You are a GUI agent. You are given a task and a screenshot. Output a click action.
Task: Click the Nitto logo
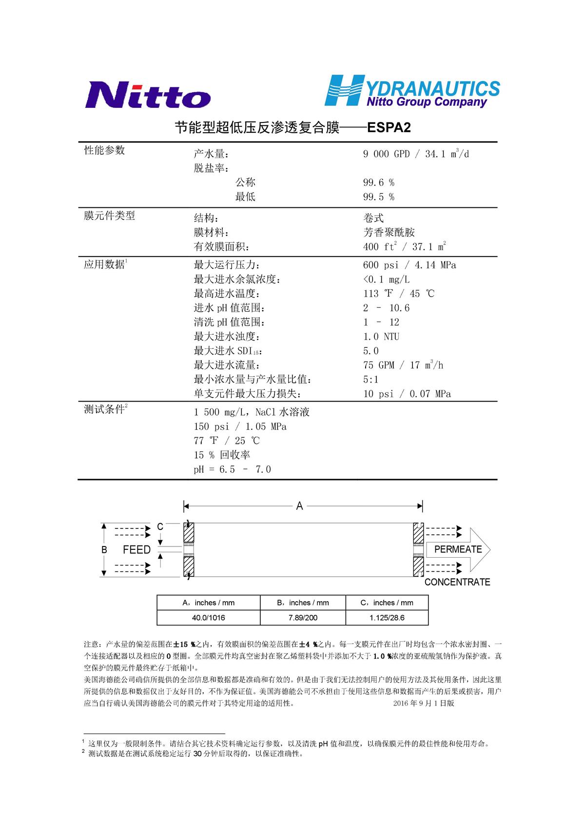tap(148, 95)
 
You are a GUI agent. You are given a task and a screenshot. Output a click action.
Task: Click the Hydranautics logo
tap(412, 91)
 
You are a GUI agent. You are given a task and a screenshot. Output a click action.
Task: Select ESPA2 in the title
tap(389, 128)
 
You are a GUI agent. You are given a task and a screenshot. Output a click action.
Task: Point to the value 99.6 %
tap(378, 182)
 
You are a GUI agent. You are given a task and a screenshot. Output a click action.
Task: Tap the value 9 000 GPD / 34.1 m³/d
tap(416, 154)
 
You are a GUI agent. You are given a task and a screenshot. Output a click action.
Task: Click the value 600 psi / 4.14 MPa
tap(409, 265)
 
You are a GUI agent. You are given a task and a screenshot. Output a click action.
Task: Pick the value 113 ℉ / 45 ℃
tap(398, 294)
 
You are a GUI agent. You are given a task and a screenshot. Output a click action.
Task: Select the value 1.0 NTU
tap(381, 337)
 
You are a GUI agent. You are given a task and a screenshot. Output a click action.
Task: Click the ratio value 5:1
tap(370, 380)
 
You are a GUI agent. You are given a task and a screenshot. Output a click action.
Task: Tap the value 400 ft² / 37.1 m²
tap(404, 246)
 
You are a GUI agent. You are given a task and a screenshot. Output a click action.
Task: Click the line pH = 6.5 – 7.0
tap(232, 469)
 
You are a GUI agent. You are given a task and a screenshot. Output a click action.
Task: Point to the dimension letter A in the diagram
tap(299, 506)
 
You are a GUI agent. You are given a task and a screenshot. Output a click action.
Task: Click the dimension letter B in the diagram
tap(104, 549)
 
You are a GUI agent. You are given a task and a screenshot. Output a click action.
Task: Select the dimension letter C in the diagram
tap(160, 527)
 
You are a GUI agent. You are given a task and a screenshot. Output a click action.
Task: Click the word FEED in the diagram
tap(136, 550)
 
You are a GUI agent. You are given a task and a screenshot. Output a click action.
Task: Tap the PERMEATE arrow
tap(458, 549)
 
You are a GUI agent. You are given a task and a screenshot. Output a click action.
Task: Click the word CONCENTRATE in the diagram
tap(457, 582)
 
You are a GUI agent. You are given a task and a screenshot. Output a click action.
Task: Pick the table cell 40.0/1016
tap(208, 618)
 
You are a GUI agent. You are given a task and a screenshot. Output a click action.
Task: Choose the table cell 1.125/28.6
tap(387, 618)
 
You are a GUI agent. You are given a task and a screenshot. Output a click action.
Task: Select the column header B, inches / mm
tap(303, 603)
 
